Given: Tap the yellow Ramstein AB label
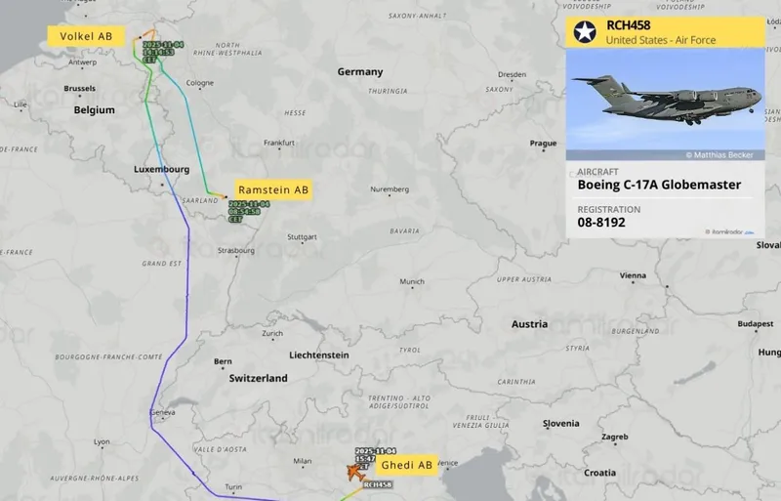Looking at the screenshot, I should (x=272, y=190).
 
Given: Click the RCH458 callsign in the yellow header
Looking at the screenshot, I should (x=628, y=25).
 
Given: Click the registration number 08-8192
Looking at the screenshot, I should (x=601, y=223).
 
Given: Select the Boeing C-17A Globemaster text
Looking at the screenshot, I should (x=659, y=185).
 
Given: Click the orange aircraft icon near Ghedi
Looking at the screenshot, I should (x=351, y=473).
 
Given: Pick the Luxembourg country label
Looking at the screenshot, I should (x=161, y=169).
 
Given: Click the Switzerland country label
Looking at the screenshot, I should (x=258, y=378).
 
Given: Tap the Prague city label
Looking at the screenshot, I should (x=543, y=144).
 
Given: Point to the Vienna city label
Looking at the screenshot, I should (x=633, y=275).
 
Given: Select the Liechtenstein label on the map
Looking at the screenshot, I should (x=319, y=355).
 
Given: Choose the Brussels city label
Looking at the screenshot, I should (x=79, y=88).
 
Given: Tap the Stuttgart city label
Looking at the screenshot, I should (x=303, y=237).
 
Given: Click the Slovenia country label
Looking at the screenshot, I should (x=561, y=423).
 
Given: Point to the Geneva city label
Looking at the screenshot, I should (x=162, y=413).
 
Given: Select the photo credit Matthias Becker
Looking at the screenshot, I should (x=723, y=154).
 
